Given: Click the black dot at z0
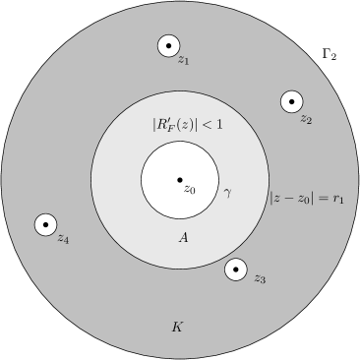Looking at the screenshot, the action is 180,180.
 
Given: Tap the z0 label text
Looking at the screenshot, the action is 191,188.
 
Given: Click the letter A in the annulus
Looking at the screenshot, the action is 183,238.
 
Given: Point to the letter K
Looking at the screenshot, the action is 177,326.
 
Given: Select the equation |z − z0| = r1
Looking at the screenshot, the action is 307,198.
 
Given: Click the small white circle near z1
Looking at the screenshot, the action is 168,45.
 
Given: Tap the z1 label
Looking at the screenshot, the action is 183,61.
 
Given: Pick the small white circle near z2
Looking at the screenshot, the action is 291,101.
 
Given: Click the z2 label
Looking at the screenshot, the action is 306,119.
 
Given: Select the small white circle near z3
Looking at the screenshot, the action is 236,269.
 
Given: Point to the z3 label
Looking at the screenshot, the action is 260,279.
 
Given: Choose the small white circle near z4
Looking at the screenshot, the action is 45,225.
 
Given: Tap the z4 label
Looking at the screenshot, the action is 63,238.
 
